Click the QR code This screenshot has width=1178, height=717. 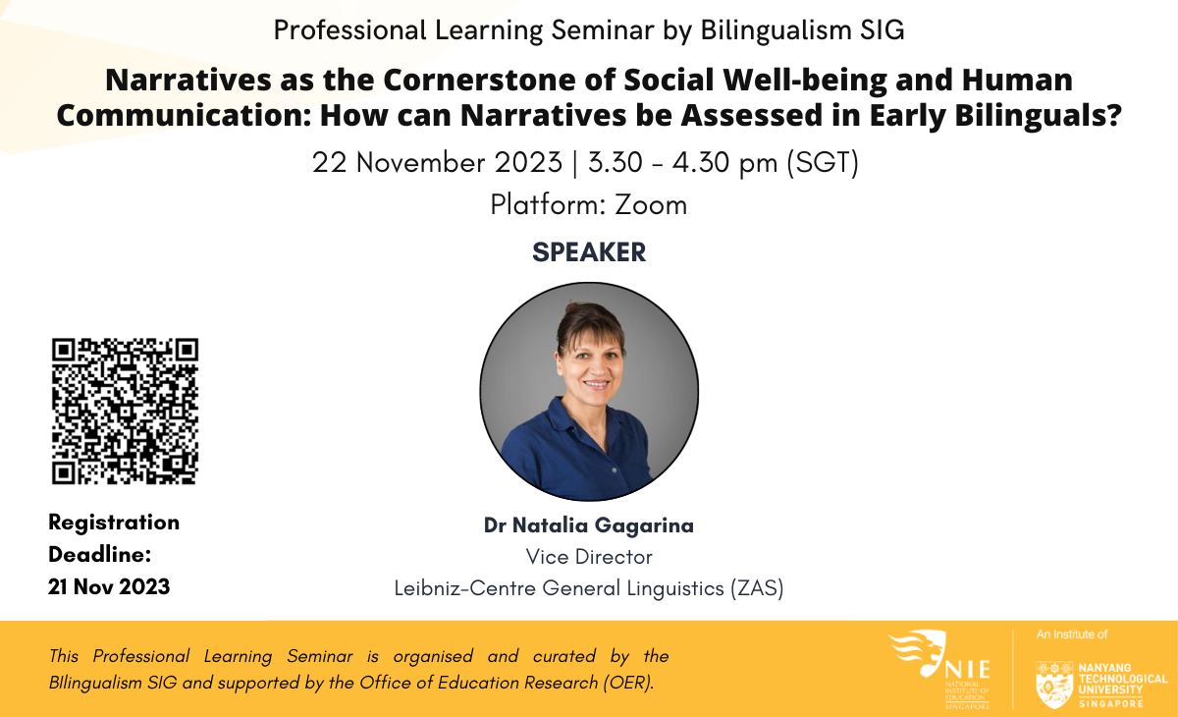tap(126, 411)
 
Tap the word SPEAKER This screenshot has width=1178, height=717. tap(589, 252)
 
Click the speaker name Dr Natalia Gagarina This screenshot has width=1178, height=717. tap(589, 525)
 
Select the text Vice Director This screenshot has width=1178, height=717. tap(589, 557)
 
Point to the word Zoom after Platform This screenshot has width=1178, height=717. tap(651, 204)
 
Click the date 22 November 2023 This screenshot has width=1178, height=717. tap(437, 162)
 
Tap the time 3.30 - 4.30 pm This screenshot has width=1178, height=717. tap(682, 162)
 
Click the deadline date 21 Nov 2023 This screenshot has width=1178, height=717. tap(109, 586)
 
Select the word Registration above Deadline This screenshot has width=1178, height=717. tap(114, 523)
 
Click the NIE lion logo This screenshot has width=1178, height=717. tap(918, 652)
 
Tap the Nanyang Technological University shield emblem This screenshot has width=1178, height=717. tap(1054, 685)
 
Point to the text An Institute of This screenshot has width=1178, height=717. tap(1072, 634)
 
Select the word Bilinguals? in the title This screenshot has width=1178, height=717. tap(1039, 115)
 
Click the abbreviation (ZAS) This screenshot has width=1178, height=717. tap(757, 588)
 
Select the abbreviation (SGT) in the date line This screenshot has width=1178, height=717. tap(823, 162)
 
